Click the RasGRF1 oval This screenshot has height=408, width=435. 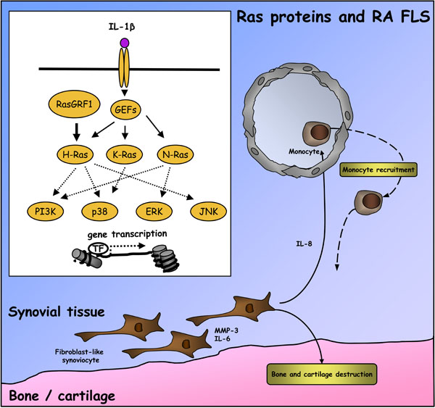(74, 104)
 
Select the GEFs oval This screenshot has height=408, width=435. (125, 110)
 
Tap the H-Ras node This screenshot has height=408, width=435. (75, 154)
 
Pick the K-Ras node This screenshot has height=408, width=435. (125, 154)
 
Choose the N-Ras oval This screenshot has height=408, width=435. (175, 154)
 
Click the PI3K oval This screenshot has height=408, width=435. (46, 212)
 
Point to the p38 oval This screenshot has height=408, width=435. (99, 212)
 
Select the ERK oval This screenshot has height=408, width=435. (154, 212)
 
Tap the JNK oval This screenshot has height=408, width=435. (208, 212)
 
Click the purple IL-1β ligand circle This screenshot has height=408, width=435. (124, 43)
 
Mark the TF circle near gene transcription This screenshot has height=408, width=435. (99, 249)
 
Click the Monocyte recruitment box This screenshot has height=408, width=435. (378, 170)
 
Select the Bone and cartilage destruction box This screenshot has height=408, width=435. (322, 374)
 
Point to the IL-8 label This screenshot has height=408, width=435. (304, 243)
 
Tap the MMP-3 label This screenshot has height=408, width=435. (226, 330)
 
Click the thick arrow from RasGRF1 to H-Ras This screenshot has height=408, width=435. (77, 132)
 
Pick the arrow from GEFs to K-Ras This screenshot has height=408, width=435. (125, 133)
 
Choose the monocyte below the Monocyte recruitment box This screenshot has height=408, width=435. (369, 202)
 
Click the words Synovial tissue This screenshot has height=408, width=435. (57, 312)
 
